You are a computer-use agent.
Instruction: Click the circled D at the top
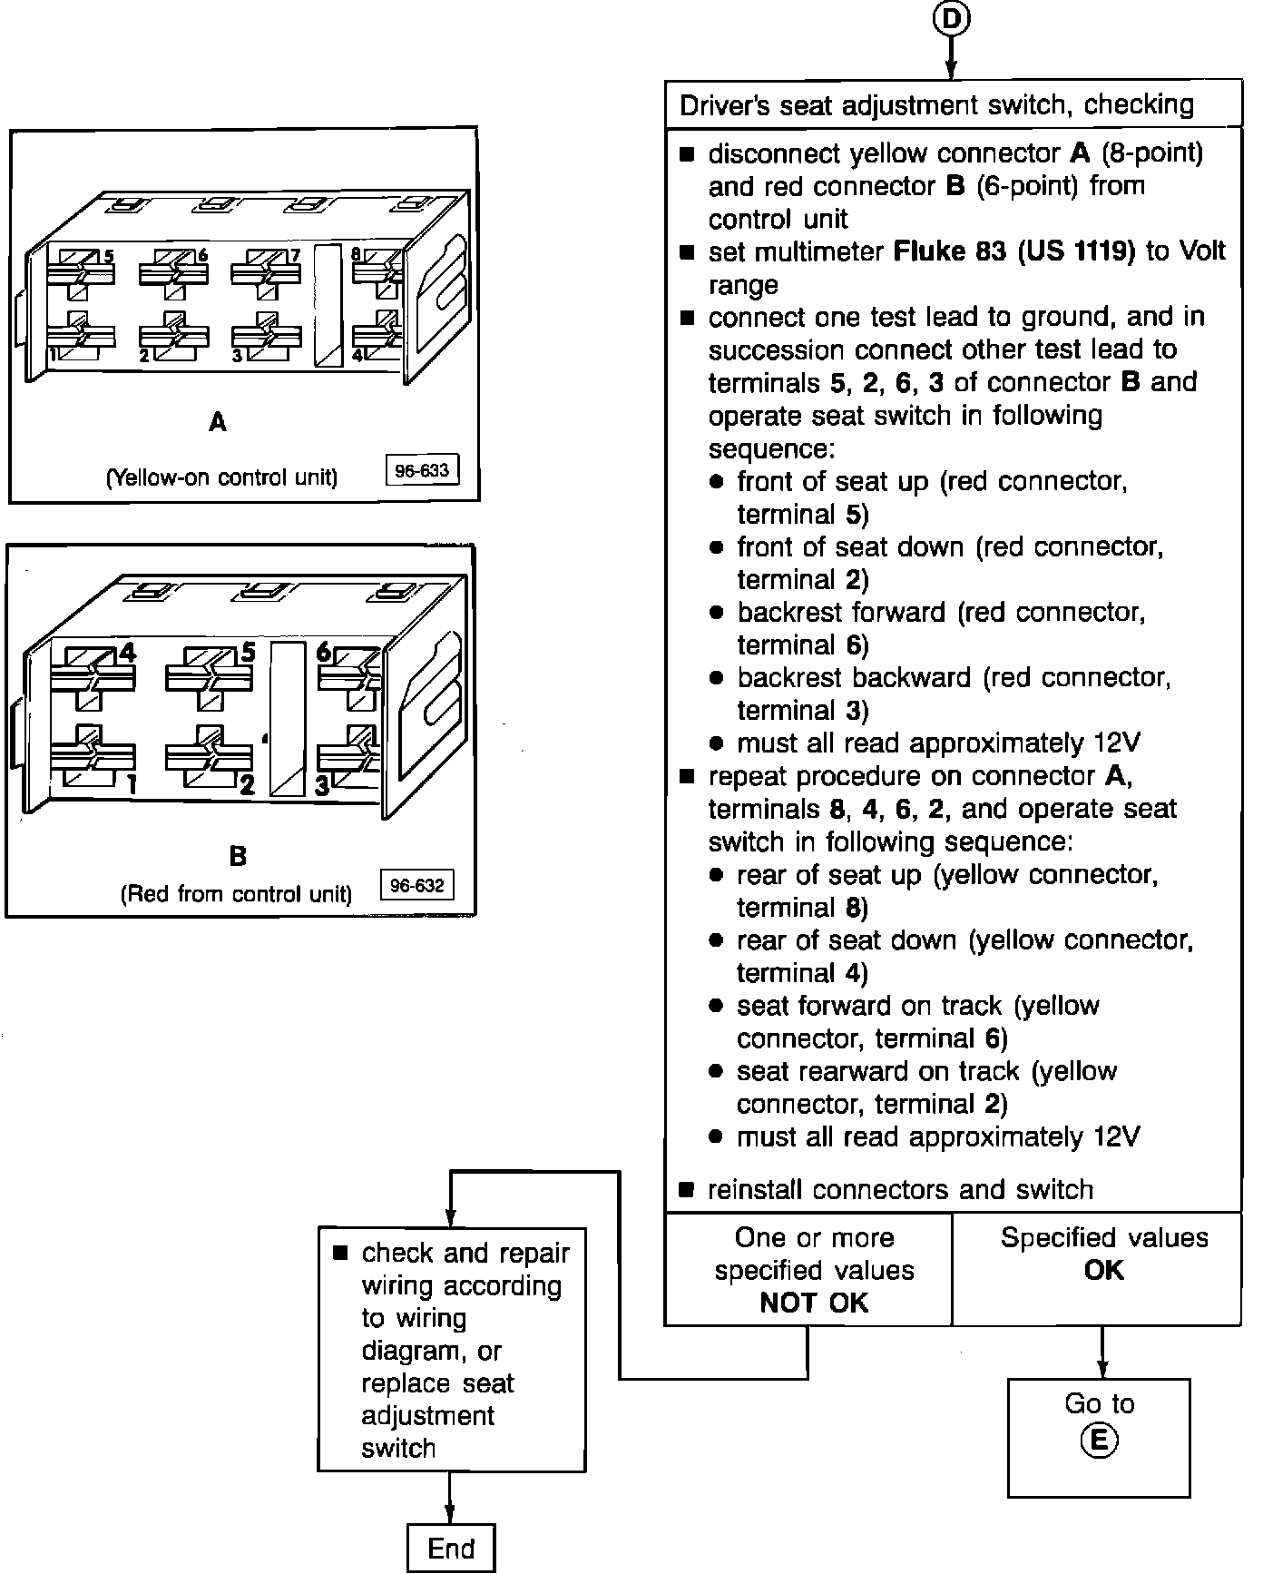(951, 18)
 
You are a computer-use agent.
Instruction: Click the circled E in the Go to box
(1099, 1441)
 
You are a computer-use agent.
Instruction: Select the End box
(451, 1548)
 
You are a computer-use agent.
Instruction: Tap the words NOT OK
(814, 1303)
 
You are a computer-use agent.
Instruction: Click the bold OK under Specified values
(1103, 1270)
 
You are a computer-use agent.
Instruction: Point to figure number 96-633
(422, 471)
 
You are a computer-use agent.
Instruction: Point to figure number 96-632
(416, 886)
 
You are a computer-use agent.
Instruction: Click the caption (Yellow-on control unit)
(222, 477)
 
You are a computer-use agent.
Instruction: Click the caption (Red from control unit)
(236, 894)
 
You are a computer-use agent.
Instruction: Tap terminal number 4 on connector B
(128, 652)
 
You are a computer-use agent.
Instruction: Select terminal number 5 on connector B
(248, 652)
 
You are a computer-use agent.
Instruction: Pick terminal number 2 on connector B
(247, 785)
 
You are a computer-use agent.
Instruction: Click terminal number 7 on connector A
(295, 256)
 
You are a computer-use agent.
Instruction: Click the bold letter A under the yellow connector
(218, 422)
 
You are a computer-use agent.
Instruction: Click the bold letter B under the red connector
(237, 855)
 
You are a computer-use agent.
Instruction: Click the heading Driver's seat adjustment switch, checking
(936, 104)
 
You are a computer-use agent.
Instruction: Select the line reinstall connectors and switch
(900, 1189)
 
